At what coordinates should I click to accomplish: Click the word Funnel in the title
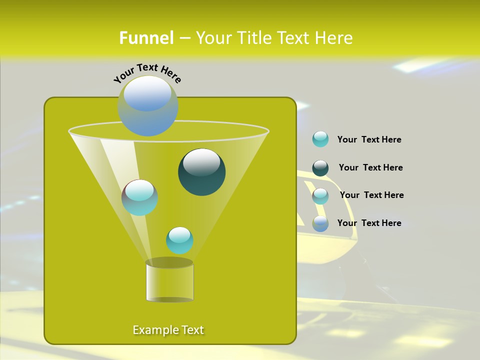[x=146, y=38]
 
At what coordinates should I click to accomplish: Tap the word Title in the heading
[x=253, y=38]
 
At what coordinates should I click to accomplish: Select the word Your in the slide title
[x=214, y=38]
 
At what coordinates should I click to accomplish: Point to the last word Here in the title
[x=334, y=38]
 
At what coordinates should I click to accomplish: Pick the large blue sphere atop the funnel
[x=148, y=105]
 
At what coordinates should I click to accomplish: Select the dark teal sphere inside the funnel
[x=202, y=171]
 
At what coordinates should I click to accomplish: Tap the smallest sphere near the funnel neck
[x=179, y=240]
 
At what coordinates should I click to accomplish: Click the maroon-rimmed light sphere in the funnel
[x=139, y=197]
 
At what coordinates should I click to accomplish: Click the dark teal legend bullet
[x=320, y=168]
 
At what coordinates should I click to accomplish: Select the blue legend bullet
[x=320, y=223]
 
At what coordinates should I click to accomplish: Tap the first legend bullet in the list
[x=320, y=139]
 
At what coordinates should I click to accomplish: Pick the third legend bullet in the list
[x=320, y=196]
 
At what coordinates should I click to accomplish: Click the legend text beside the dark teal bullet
[x=370, y=167]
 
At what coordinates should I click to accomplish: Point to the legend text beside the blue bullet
[x=369, y=223]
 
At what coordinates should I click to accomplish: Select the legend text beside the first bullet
[x=369, y=139]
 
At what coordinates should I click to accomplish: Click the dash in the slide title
[x=184, y=38]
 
